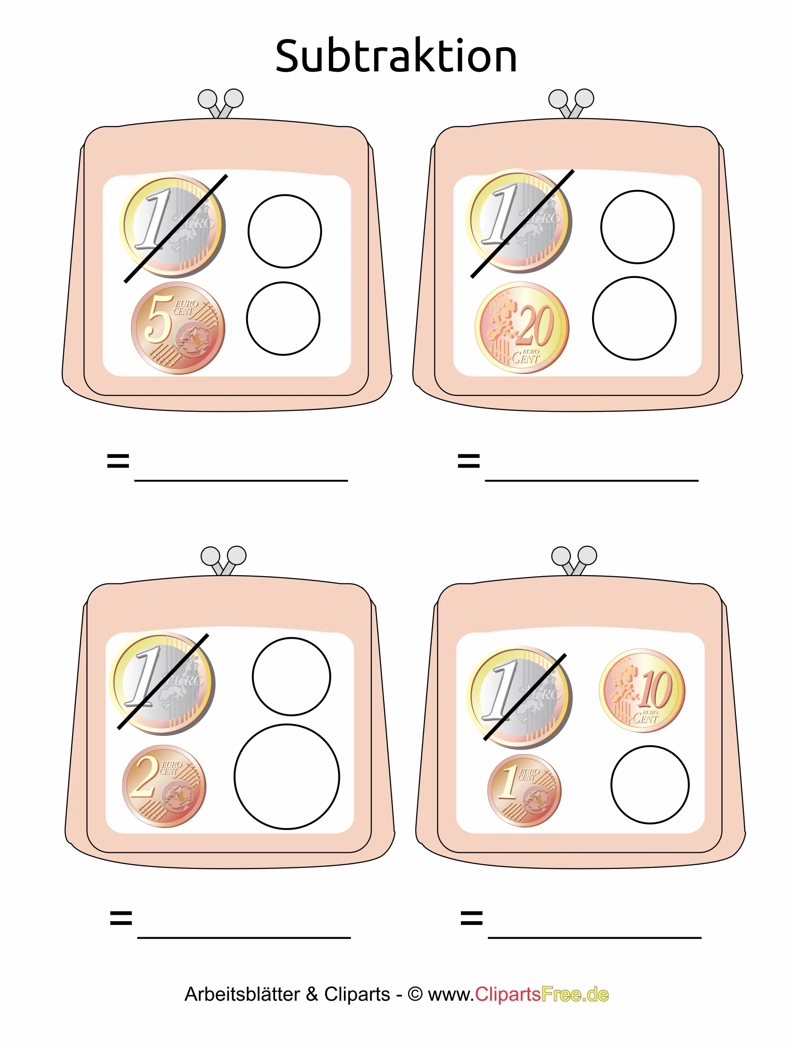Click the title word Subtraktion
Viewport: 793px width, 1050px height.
pos(396,57)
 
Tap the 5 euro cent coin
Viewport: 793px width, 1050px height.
pos(178,328)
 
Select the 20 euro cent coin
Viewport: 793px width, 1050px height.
pos(522,327)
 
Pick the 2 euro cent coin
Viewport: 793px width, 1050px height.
pos(164,786)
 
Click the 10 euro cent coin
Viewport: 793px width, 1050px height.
pos(642,691)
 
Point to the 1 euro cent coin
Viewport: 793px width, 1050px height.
pos(524,790)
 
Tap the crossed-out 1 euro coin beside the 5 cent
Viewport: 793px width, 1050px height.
pos(172,226)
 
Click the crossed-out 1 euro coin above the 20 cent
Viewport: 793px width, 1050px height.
pos(519,221)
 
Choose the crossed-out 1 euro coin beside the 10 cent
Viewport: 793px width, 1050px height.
pos(519,697)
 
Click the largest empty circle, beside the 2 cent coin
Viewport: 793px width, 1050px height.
pos(287,777)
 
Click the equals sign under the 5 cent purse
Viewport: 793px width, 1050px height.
pos(118,461)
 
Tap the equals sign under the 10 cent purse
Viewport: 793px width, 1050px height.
pos(471,918)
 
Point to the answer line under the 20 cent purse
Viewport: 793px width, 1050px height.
pos(592,480)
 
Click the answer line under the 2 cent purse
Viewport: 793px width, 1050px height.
pos(244,938)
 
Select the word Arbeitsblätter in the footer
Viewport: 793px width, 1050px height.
pos(242,994)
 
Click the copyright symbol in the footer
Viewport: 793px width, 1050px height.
pos(415,994)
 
